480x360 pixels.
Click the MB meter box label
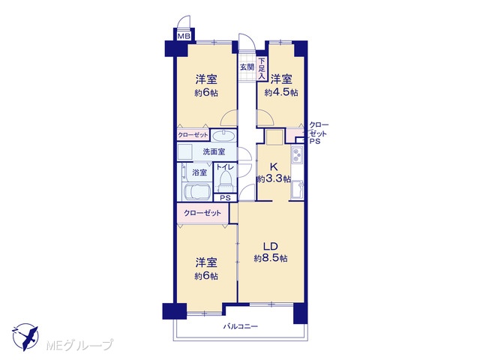(184, 36)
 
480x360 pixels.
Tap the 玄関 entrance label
(247, 67)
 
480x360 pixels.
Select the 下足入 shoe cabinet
(261, 70)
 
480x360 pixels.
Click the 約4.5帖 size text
(281, 92)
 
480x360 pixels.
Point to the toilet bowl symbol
(226, 180)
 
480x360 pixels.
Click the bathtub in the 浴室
(196, 192)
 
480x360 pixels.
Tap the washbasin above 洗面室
(223, 136)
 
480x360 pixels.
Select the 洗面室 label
(214, 151)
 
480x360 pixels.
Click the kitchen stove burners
(297, 154)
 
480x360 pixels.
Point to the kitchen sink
(297, 188)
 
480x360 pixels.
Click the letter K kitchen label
(274, 166)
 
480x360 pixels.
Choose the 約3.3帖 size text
(274, 178)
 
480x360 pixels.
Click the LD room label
(271, 247)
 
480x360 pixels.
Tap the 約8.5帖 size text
(271, 259)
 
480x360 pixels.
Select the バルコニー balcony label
(240, 326)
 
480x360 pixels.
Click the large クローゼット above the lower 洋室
(202, 213)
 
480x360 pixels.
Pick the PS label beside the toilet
(225, 198)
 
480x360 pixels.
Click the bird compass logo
(25, 337)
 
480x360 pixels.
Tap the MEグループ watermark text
(79, 345)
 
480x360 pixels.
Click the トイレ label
(225, 167)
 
